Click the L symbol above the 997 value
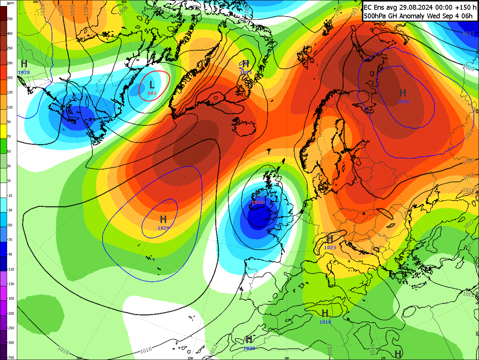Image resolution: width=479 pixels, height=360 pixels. [152, 85]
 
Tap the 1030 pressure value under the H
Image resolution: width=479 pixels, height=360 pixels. [403, 101]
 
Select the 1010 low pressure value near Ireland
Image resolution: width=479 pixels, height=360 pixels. [257, 202]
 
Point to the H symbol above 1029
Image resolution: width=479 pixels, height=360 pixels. [163, 219]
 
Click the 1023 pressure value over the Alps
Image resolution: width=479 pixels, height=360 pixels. [330, 247]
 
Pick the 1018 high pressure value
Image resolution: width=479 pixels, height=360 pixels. [325, 322]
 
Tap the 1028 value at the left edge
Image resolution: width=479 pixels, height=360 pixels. [24, 72]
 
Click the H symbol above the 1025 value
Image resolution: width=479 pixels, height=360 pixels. [245, 64]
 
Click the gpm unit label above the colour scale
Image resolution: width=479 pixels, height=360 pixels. [10, 3]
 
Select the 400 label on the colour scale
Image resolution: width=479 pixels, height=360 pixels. [10, 34]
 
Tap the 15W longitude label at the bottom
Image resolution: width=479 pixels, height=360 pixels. [190, 358]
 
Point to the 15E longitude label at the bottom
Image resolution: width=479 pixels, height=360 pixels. [383, 358]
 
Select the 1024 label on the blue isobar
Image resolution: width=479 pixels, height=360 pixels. [469, 134]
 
